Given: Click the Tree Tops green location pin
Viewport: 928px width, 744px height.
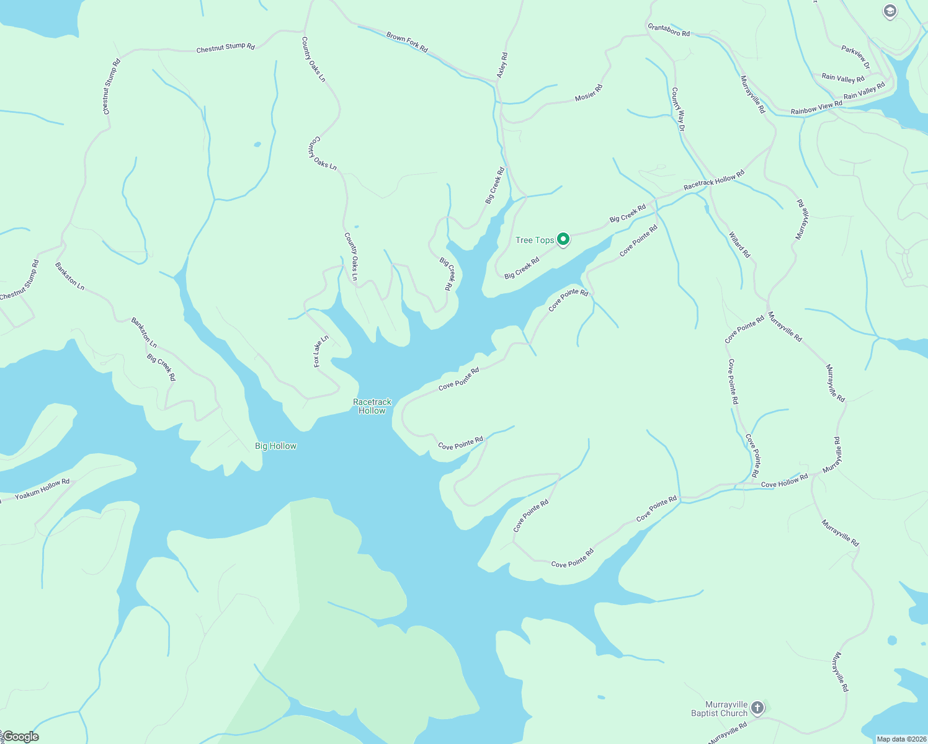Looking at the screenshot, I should click(563, 239).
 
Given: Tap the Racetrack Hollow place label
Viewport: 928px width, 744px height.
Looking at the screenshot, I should click(372, 406).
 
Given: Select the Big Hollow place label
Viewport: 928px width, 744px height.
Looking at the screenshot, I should click(276, 446).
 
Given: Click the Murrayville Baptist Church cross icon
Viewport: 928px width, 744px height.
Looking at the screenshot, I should click(757, 707).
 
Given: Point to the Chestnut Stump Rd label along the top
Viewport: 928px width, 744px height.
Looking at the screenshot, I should click(225, 48).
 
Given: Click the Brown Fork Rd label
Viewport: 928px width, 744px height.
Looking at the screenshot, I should click(407, 42).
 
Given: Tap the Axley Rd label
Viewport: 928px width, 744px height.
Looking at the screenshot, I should click(502, 65).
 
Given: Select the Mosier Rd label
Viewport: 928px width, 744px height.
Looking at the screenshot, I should click(589, 93).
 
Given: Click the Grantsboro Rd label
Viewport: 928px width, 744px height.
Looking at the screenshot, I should click(668, 30).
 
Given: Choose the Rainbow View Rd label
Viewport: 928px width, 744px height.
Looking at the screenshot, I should click(816, 108).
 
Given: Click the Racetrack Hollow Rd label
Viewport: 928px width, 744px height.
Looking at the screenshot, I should click(713, 181).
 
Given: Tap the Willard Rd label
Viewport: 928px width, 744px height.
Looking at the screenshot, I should click(739, 245).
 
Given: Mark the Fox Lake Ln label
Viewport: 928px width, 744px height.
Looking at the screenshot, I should click(321, 351).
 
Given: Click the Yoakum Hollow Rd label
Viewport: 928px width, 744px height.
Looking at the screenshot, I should click(42, 489).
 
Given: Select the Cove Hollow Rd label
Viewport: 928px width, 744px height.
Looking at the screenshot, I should click(784, 480).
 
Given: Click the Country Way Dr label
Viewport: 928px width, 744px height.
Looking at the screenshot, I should click(678, 109).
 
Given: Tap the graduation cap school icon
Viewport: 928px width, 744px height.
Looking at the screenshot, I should click(890, 11).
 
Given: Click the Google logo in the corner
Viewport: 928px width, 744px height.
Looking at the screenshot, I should click(20, 737).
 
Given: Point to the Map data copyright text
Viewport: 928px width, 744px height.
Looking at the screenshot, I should click(901, 739).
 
